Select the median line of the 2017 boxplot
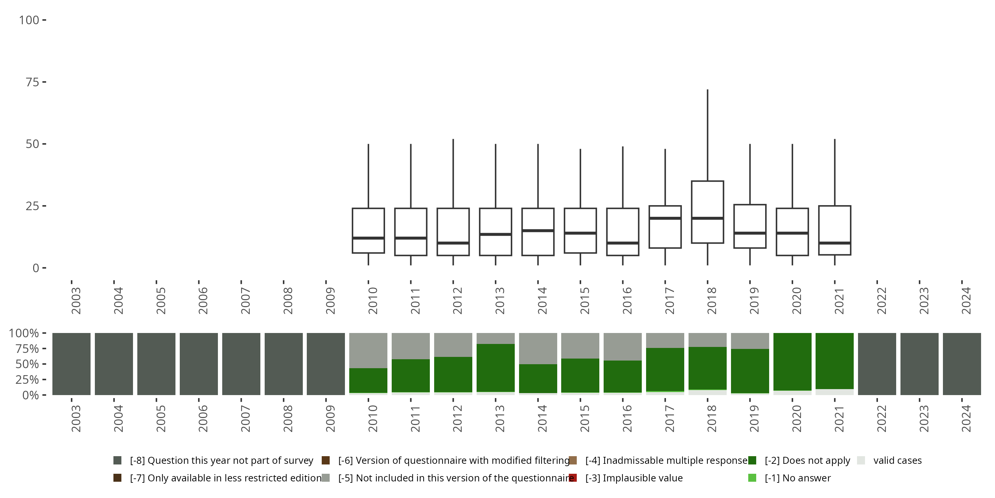pyautogui.click(x=665, y=218)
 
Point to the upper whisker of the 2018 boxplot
pyautogui.click(x=707, y=135)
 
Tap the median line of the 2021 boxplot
pyautogui.click(x=834, y=243)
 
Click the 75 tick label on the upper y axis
pyautogui.click(x=33, y=82)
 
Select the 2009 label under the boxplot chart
pyautogui.click(x=330, y=300)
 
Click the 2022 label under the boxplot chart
pyautogui.click(x=882, y=300)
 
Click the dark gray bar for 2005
pyautogui.click(x=156, y=364)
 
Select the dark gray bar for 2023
pyautogui.click(x=919, y=364)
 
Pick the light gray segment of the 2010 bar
pyautogui.click(x=368, y=350)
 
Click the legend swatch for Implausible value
pyautogui.click(x=573, y=478)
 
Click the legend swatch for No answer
pyautogui.click(x=752, y=478)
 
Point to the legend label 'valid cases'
pyautogui.click(x=897, y=460)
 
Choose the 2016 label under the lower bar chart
pyautogui.click(x=627, y=418)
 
